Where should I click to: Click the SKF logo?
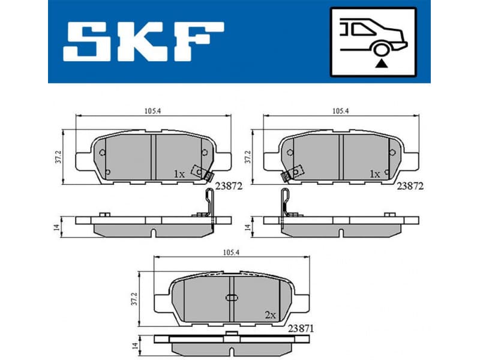click(x=143, y=41)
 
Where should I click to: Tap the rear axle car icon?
click(x=373, y=42)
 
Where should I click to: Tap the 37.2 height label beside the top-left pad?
click(x=57, y=157)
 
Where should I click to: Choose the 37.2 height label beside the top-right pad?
click(x=246, y=157)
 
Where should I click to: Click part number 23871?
click(x=301, y=328)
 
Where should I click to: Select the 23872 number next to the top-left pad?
click(x=229, y=186)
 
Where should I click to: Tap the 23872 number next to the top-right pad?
click(x=410, y=186)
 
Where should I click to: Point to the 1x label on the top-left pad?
click(x=179, y=174)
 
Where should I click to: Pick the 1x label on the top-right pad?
click(x=375, y=174)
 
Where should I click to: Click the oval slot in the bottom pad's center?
click(x=232, y=298)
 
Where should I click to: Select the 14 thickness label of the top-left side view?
click(x=56, y=227)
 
